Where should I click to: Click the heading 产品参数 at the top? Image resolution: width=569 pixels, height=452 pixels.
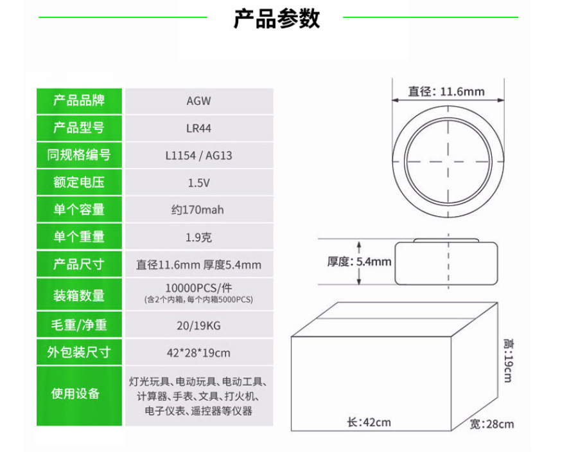[276, 19]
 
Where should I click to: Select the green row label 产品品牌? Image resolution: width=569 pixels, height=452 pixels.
[78, 100]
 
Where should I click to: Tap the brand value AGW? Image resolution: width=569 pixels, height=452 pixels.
[198, 101]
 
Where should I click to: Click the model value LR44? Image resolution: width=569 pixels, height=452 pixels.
[198, 128]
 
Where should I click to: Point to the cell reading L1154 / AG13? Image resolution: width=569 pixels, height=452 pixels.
[198, 156]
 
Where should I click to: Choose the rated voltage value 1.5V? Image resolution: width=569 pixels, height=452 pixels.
[198, 183]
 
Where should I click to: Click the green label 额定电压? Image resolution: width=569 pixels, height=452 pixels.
[78, 183]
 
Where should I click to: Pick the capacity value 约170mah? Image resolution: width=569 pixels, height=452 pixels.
[198, 210]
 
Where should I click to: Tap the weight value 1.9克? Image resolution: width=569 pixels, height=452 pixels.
[198, 237]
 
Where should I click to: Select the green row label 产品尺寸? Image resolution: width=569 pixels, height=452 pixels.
[78, 264]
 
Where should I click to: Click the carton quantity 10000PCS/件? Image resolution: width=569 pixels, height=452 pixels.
[198, 287]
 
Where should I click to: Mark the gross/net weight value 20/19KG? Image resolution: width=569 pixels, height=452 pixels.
[198, 325]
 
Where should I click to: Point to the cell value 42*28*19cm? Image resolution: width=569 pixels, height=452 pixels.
[198, 352]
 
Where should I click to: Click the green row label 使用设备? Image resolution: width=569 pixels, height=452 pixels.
[78, 394]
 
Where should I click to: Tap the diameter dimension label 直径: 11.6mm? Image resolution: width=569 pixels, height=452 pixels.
[446, 91]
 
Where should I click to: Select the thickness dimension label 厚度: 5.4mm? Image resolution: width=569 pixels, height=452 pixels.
[359, 262]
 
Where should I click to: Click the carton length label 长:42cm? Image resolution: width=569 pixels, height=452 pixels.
[369, 422]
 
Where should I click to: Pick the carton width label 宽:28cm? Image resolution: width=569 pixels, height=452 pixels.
[491, 424]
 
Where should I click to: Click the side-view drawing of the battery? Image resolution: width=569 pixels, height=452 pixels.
[446, 262]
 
